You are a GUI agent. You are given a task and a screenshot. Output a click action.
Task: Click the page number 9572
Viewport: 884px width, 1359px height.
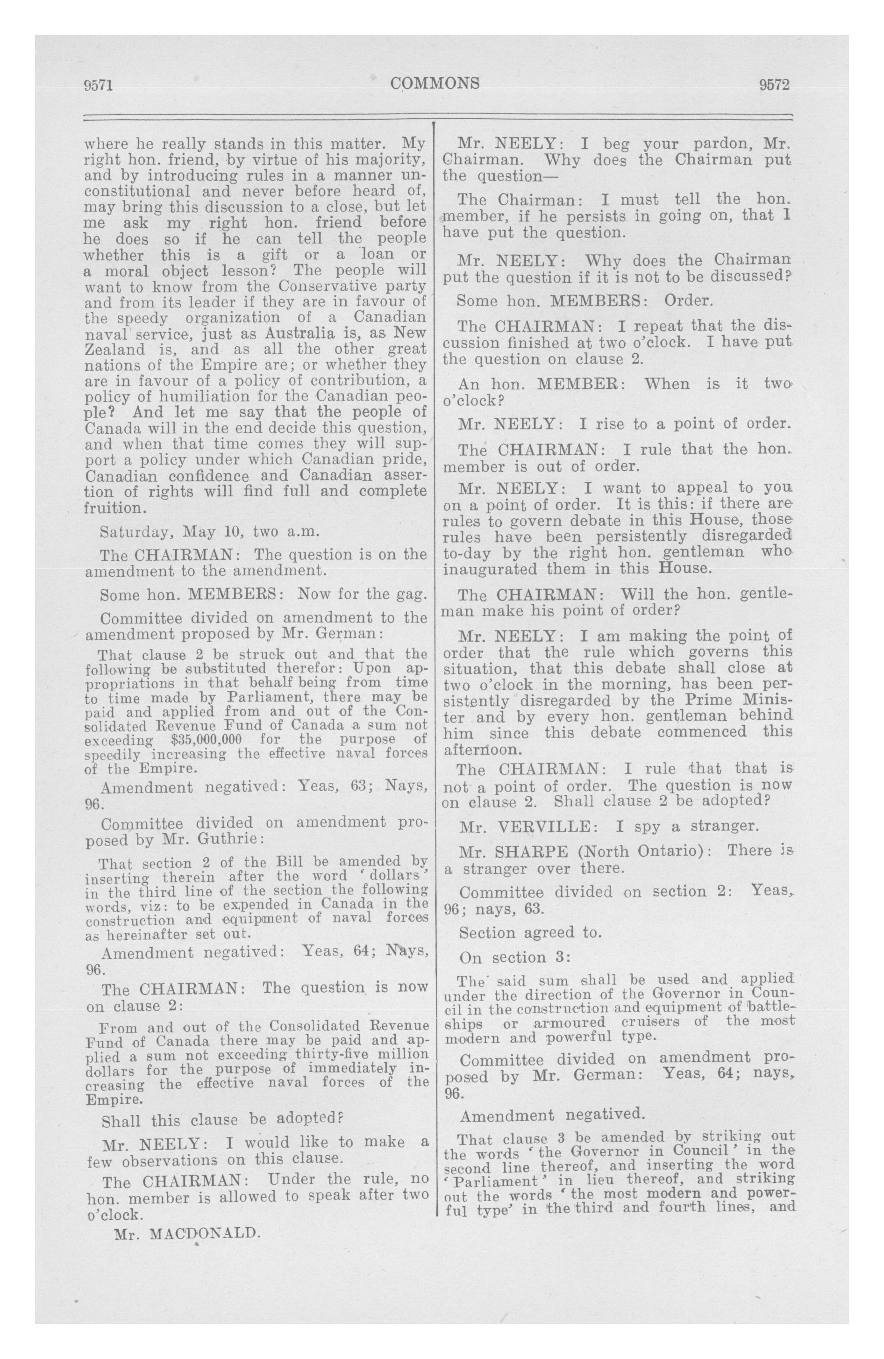[x=774, y=85]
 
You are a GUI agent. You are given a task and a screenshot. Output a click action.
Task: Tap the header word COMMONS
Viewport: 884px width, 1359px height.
[x=435, y=83]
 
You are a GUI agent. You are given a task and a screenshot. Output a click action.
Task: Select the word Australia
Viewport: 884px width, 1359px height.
[x=296, y=332]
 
